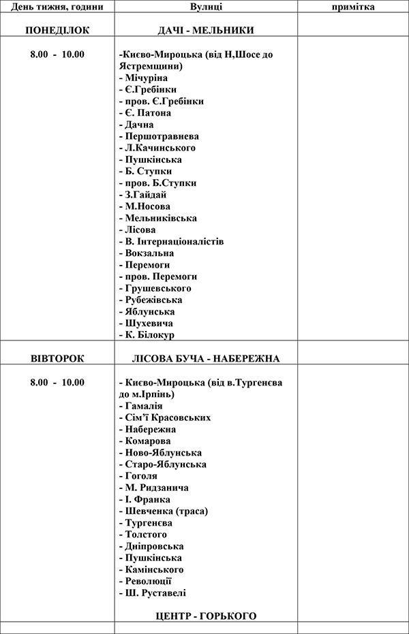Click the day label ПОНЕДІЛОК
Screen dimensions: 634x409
coord(57,31)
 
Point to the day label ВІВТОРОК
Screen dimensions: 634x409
coord(57,358)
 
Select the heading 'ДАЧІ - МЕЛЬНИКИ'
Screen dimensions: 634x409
coord(205,31)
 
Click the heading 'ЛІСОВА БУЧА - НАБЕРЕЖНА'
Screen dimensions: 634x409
coord(205,358)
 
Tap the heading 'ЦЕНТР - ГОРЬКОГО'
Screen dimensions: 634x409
coord(206,616)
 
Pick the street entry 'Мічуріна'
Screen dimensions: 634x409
coord(146,78)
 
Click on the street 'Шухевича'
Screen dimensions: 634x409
coord(149,323)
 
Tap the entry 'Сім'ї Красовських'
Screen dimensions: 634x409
coord(164,417)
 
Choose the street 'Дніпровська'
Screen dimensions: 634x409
coord(155,546)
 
